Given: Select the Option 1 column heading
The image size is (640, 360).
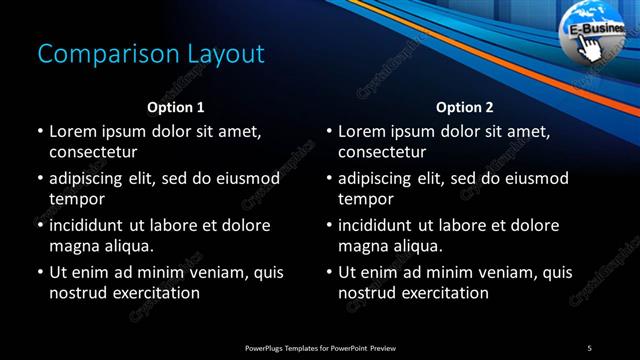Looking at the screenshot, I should point(176,107).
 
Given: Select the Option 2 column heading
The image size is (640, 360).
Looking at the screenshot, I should point(465,107).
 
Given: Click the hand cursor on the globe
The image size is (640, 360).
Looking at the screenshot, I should point(591,49).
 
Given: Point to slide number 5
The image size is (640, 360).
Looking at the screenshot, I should point(589,348).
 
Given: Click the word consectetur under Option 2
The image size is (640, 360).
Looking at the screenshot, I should point(383,152).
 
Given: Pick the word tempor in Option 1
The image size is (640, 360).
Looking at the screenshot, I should point(77,199).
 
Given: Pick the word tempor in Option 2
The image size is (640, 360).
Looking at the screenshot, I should point(367,199).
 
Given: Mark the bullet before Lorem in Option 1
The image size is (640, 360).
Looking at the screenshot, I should point(39,132).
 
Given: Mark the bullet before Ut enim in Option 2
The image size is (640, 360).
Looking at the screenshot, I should point(329,272).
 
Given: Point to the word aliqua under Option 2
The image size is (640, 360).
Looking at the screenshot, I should point(431,246).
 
